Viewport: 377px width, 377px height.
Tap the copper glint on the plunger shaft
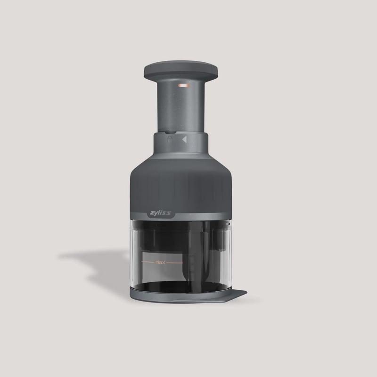click(x=184, y=86)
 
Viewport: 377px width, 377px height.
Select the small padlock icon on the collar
click(x=171, y=140)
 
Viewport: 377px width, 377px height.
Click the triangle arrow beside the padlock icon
click(x=184, y=139)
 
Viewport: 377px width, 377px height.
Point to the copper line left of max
click(x=149, y=261)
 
